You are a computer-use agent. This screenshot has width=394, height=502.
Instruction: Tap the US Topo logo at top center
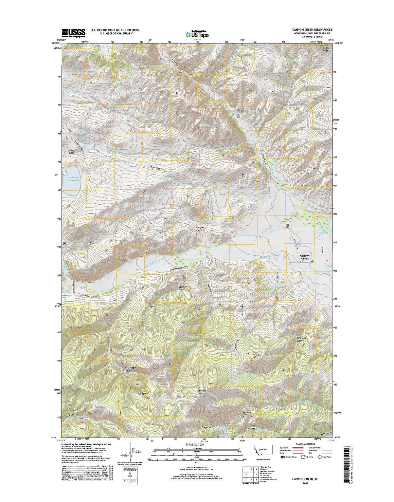point(197,34)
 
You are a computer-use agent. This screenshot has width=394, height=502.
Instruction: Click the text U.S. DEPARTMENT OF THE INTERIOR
point(115,30)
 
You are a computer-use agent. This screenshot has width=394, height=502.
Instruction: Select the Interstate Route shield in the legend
point(282,457)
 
